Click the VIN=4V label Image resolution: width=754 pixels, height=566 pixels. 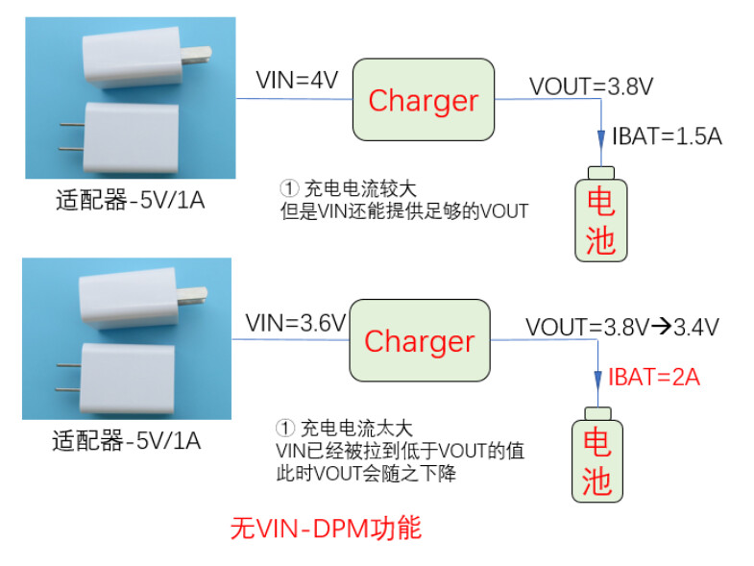(297, 80)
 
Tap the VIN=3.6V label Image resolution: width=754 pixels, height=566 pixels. (296, 323)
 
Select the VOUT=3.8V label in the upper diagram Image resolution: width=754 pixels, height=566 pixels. (591, 86)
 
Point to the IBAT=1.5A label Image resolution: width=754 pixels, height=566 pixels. (667, 136)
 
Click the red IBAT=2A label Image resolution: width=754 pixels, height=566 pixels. (654, 377)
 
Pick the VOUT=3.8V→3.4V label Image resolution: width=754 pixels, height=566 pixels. (622, 328)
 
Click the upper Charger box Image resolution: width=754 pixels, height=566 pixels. (424, 100)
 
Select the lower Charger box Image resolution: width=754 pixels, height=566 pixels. (420, 340)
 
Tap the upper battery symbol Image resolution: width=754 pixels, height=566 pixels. (601, 214)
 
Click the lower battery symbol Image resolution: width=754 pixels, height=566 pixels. (597, 455)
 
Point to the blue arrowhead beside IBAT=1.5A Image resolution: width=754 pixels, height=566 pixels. (601, 139)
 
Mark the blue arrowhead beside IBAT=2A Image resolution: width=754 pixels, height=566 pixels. (597, 381)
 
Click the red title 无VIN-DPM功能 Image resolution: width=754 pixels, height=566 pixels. (326, 529)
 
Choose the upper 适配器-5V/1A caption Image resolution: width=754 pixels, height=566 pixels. (131, 200)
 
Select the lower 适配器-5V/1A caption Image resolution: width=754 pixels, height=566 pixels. (127, 440)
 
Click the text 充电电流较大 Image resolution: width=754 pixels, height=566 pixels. (360, 188)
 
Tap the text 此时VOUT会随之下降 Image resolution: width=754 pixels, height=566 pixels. (366, 474)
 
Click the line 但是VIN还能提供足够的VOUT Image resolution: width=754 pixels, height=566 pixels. (404, 211)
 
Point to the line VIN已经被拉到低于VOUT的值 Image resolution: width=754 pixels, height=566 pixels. (401, 451)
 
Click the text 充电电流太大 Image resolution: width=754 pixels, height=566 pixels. (356, 429)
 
